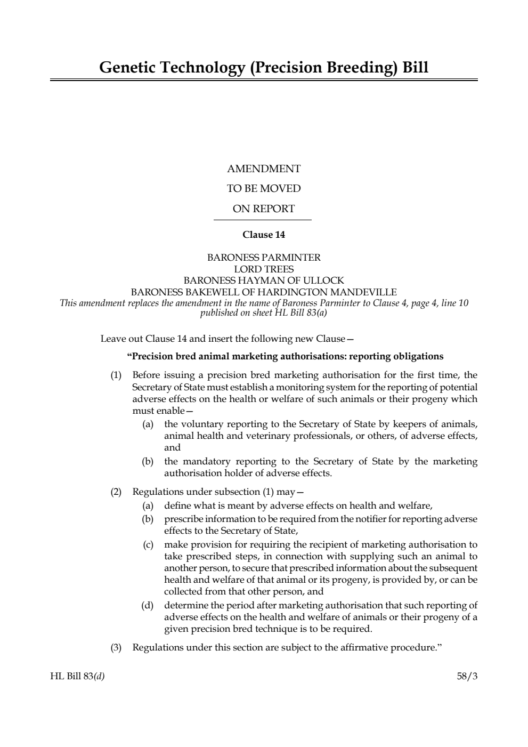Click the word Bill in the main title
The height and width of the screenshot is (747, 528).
[x=414, y=68]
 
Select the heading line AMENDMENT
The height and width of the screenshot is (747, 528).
[x=264, y=169]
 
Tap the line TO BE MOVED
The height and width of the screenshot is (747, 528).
[x=264, y=189]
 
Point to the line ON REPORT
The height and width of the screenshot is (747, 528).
[x=264, y=209]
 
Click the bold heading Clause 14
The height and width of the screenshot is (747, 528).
[x=264, y=235]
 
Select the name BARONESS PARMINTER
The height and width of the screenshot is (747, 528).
[x=264, y=258]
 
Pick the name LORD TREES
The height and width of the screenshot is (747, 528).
[x=264, y=269]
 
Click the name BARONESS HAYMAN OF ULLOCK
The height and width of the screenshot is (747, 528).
[x=264, y=280]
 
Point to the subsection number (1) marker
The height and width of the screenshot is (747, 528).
[x=116, y=375]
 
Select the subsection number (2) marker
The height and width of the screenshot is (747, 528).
[x=116, y=492]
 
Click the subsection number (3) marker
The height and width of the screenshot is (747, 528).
[x=116, y=648]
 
